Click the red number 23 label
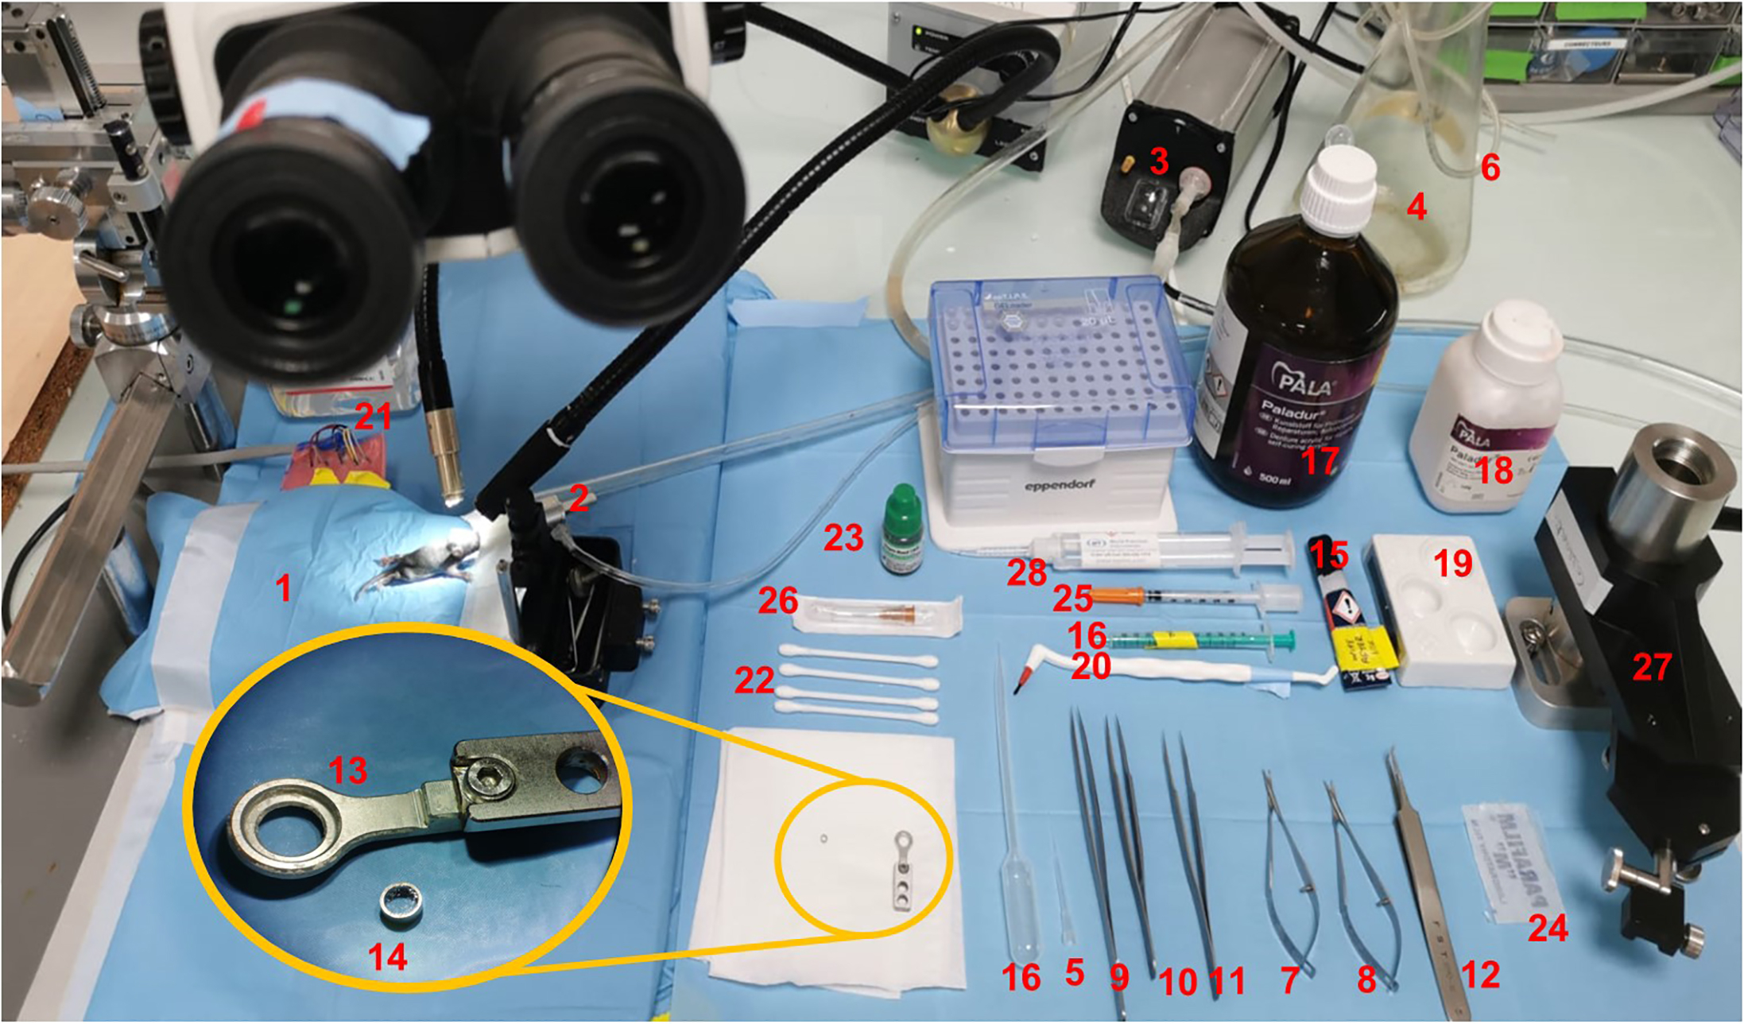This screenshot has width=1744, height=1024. [x=843, y=538]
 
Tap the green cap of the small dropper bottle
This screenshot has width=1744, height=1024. [x=901, y=502]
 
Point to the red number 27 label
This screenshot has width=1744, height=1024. [x=1651, y=667]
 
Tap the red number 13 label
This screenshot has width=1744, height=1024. [x=348, y=770]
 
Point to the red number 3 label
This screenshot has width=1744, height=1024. [x=1159, y=161]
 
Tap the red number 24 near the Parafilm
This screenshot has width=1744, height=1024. [x=1547, y=927]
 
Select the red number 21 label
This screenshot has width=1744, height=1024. [x=373, y=416]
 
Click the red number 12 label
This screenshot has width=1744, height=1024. [x=1480, y=975]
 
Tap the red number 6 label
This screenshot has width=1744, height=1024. [x=1490, y=168]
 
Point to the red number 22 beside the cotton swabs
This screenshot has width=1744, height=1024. [x=754, y=681]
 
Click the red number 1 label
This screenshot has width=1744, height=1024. [x=283, y=588]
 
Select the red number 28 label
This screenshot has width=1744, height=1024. [x=1026, y=572]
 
